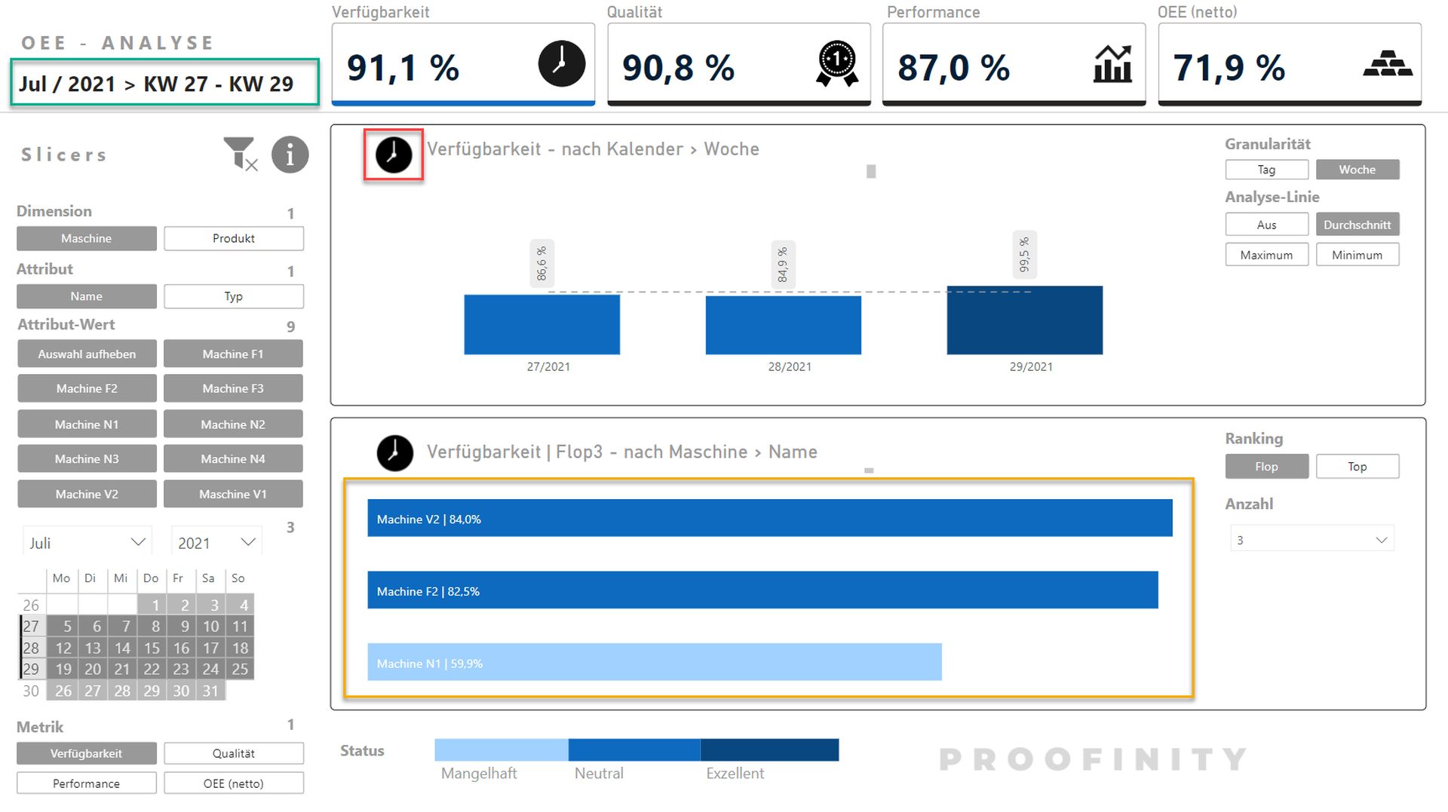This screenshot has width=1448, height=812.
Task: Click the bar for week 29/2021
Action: tap(1024, 320)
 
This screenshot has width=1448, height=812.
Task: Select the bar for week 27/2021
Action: tap(541, 324)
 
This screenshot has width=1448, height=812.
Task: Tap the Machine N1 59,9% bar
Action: tap(655, 662)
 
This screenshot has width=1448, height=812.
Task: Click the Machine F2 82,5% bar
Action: tap(762, 590)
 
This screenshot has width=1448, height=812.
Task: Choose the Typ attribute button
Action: tap(234, 296)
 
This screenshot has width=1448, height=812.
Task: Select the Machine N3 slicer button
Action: tap(87, 458)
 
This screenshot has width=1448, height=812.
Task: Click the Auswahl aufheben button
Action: tap(87, 354)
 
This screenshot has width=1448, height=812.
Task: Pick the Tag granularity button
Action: tap(1267, 170)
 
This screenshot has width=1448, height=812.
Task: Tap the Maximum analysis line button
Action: tap(1267, 255)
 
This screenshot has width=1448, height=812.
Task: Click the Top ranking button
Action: tap(1357, 467)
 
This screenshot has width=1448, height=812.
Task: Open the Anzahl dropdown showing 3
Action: tap(1312, 540)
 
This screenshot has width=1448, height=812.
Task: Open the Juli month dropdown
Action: tap(87, 543)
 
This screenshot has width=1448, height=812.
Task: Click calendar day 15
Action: tap(152, 648)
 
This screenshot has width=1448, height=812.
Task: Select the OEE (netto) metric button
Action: tap(234, 783)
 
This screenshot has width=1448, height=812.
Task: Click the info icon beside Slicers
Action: tap(290, 155)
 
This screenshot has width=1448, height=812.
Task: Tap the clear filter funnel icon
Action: tap(241, 154)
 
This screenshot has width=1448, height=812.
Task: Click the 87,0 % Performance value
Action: tap(954, 68)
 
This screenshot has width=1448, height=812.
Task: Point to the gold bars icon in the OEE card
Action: tap(1388, 63)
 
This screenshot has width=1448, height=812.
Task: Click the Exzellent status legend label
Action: tap(735, 773)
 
